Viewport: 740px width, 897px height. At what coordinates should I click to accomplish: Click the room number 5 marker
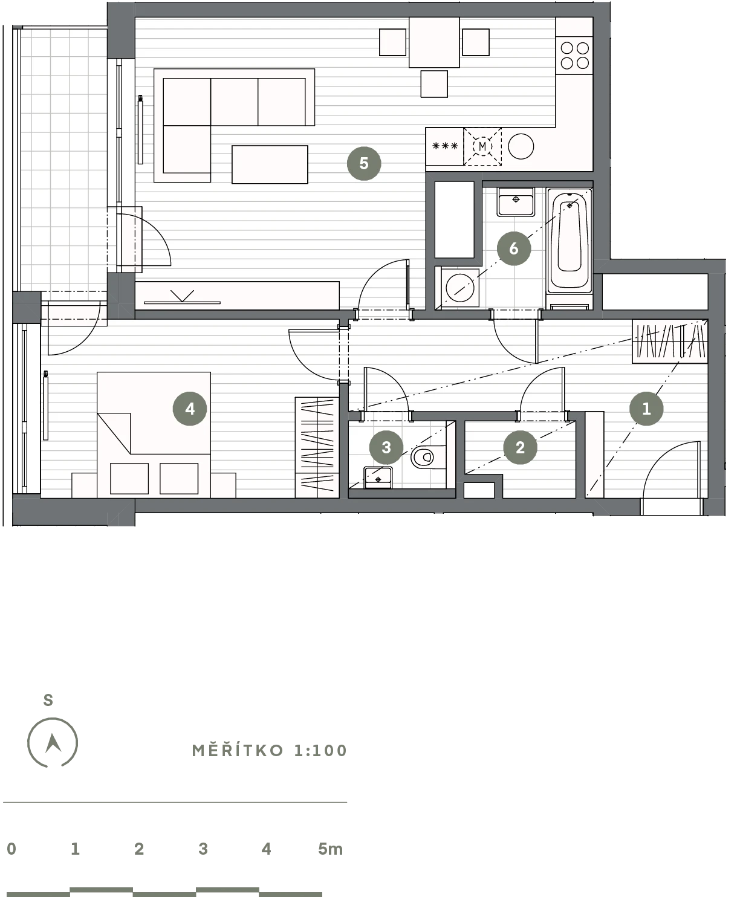click(x=364, y=163)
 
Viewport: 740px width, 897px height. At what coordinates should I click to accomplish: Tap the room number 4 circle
click(x=189, y=409)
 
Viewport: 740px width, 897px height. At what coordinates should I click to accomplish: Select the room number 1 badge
click(x=646, y=409)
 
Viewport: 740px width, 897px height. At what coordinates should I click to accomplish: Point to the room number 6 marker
click(x=513, y=248)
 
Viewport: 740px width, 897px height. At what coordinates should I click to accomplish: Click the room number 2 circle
click(x=520, y=447)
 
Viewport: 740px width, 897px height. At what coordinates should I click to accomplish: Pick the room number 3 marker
click(x=386, y=447)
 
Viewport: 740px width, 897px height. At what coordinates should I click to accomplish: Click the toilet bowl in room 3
click(x=428, y=457)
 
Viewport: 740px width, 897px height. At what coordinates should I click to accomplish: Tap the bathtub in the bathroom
click(x=570, y=241)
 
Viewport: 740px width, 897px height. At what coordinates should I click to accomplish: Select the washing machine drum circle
click(x=460, y=288)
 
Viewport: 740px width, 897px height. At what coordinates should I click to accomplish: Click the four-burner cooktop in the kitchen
click(x=574, y=56)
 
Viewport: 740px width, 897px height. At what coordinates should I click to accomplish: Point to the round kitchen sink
click(x=521, y=146)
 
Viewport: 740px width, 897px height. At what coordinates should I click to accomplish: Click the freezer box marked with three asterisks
click(x=445, y=146)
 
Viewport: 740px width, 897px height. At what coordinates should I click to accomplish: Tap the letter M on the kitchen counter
click(x=482, y=146)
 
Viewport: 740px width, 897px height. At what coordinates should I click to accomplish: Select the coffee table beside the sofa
click(x=270, y=164)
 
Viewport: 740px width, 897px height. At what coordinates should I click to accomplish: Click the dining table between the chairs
click(x=434, y=42)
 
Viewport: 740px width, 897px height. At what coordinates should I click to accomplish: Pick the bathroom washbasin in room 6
click(x=516, y=201)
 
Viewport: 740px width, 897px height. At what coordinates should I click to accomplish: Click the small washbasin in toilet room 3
click(x=378, y=478)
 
